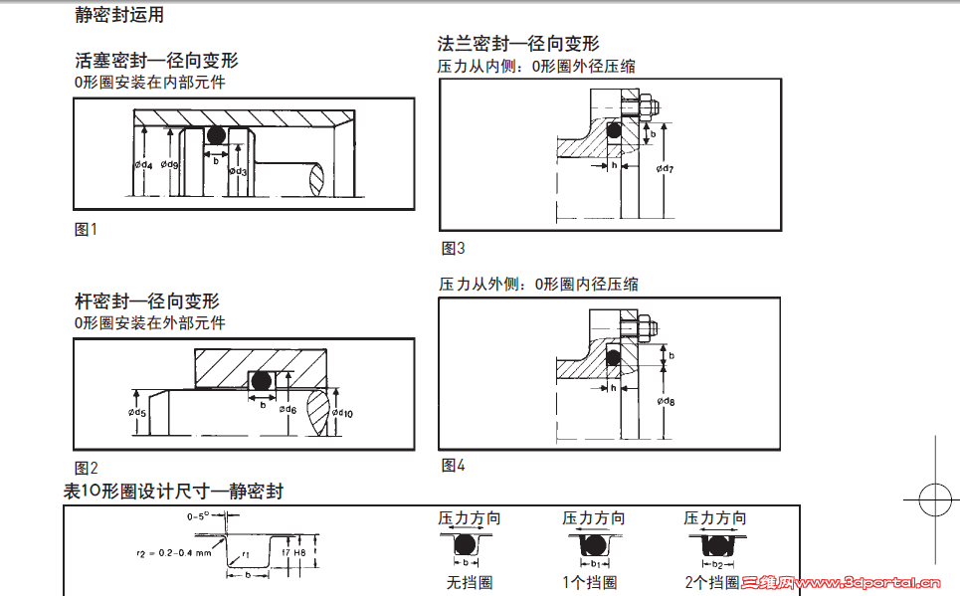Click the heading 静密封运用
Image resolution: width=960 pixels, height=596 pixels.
coord(119,16)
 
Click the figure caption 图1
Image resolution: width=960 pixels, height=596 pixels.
coord(87,230)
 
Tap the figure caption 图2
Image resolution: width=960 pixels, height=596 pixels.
coord(87,468)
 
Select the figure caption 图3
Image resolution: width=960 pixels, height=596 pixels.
coord(453,249)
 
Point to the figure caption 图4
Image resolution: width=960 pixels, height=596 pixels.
coord(453,466)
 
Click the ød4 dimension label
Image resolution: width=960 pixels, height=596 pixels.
coord(143,164)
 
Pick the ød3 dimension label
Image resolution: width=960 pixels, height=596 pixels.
coord(238,171)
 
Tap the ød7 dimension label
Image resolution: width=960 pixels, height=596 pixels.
coord(666,169)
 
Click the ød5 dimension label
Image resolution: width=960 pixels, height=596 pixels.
coord(137,412)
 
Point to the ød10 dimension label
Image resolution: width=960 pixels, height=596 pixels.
coord(342,412)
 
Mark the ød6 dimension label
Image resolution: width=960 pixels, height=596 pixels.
coord(288,409)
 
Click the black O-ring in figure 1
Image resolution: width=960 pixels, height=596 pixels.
coord(215,135)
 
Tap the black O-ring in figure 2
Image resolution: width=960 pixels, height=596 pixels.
coord(262,381)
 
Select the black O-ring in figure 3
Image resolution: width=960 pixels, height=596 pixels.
coord(614,129)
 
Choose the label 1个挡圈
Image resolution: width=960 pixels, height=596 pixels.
coord(593,582)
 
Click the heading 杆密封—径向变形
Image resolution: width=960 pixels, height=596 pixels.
coord(147,301)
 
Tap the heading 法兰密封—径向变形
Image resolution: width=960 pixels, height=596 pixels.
coord(518,44)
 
